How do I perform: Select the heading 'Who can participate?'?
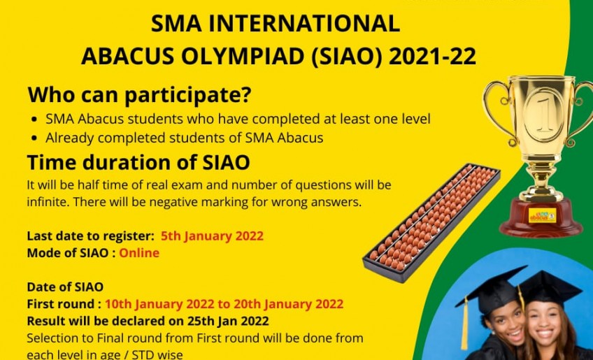(140, 94)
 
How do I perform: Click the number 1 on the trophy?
(544, 116)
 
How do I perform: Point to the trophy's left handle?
(497, 110)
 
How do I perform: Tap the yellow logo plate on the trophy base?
(543, 215)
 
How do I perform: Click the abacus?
(431, 222)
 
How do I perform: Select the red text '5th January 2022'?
(212, 236)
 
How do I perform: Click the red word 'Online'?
(139, 252)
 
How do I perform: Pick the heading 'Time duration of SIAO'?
(138, 162)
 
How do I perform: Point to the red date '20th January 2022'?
(289, 303)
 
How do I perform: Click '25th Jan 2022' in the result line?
(228, 321)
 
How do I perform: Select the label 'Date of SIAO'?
(65, 287)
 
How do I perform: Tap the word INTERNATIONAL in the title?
(304, 24)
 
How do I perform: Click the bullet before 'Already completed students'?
(35, 138)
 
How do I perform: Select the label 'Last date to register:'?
(90, 236)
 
